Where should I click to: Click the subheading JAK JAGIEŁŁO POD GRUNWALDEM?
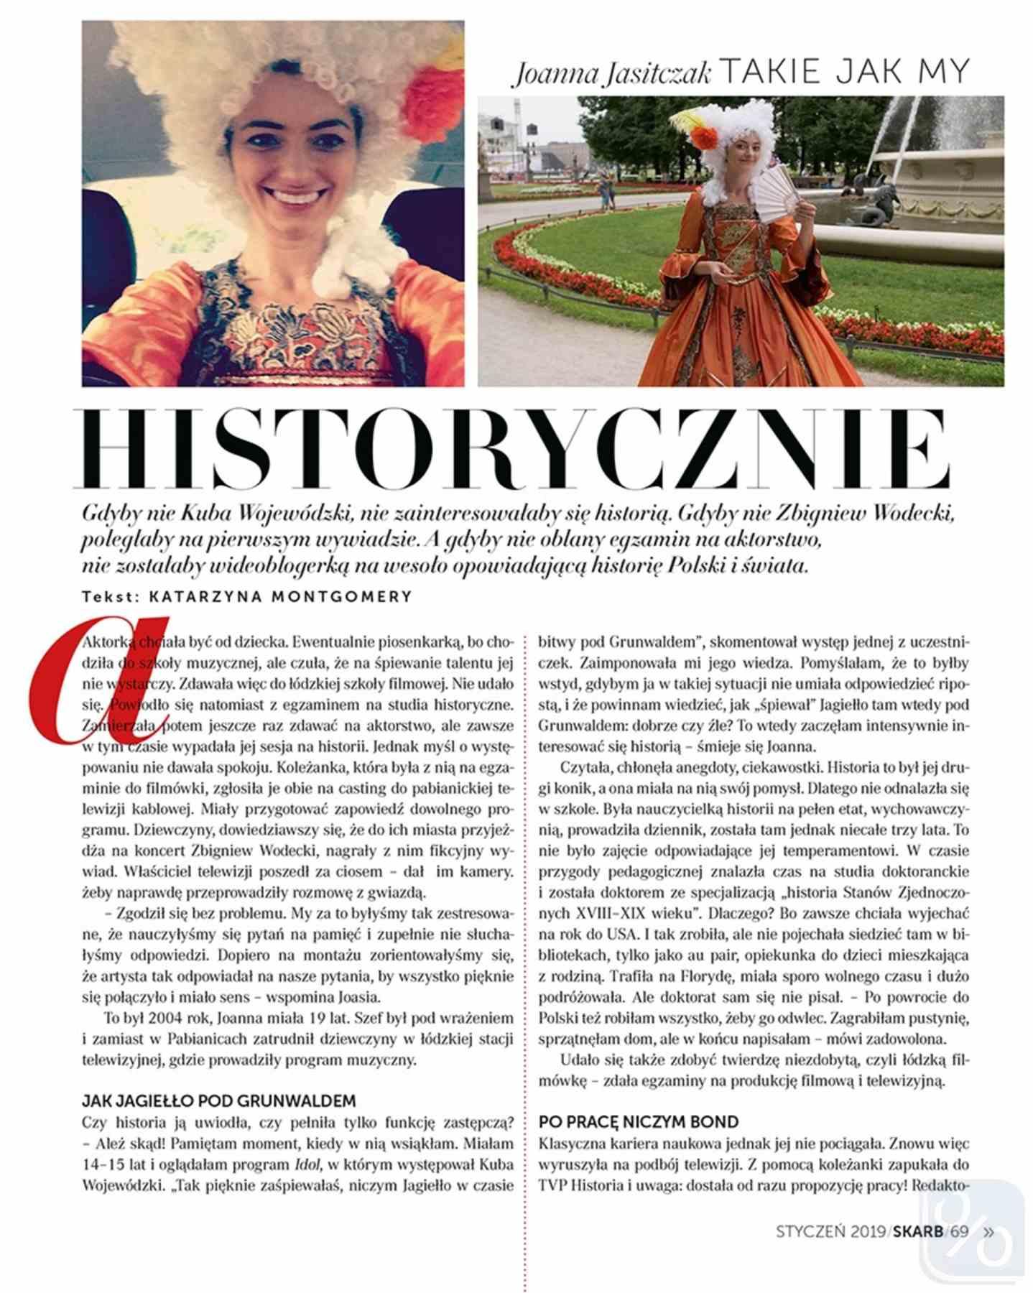pos(218,1100)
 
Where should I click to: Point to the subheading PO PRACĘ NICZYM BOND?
pos(639,1121)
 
